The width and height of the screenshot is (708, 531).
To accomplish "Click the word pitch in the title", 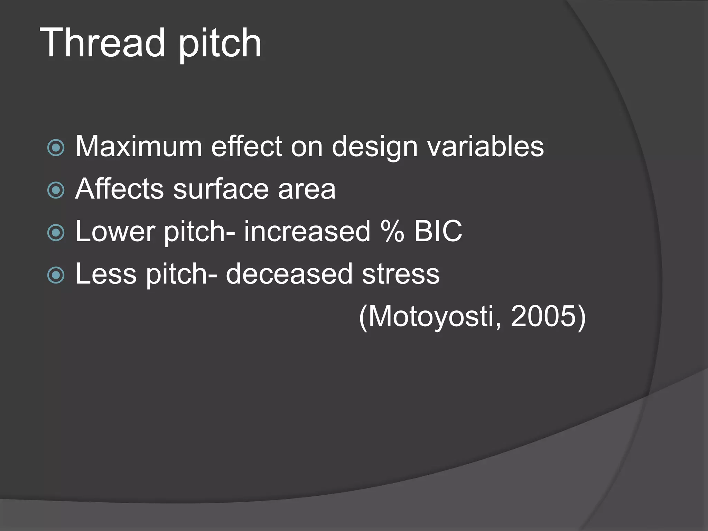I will (220, 44).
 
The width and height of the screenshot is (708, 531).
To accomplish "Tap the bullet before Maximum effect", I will (56, 148).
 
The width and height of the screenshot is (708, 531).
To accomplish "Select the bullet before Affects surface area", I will (56, 190).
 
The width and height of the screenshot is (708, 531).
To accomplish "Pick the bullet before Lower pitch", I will (56, 232).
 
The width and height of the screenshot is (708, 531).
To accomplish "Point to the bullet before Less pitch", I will (56, 275).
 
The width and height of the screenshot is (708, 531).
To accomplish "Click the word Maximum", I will (139, 147).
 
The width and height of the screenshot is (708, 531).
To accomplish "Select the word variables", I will (485, 147).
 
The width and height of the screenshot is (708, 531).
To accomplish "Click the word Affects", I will (119, 189).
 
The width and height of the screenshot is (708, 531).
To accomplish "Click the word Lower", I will (115, 231).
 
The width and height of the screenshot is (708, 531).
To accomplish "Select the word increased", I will (307, 231).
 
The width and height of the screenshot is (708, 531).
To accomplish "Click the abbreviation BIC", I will (438, 231).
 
